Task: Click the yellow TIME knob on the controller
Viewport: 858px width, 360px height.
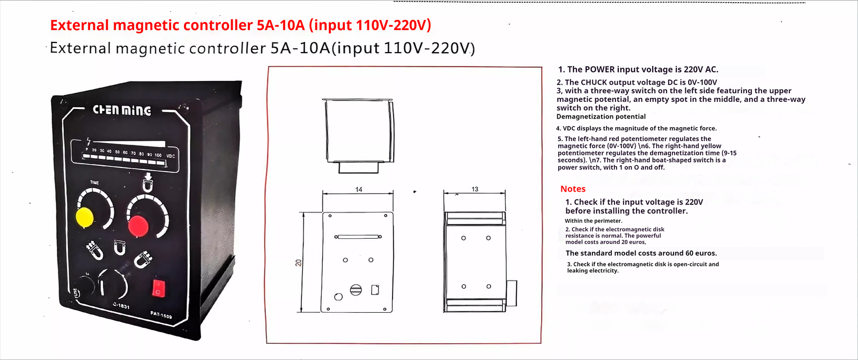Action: coord(85,217)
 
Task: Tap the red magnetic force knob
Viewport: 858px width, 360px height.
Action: coord(138,226)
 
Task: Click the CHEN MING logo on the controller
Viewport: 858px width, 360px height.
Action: coord(122,110)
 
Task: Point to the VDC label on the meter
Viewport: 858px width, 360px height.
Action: coord(171,156)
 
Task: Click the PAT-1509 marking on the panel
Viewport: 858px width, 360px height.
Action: coord(161,315)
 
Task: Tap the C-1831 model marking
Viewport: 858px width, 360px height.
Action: coord(121,306)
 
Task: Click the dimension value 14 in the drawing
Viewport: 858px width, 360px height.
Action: coord(359,189)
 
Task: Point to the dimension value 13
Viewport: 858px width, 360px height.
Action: coord(475,189)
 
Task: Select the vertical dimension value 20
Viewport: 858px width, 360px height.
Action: coord(298,262)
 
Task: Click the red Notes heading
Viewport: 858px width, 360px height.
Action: coord(573,189)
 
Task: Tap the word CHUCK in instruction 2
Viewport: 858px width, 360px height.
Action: coord(594,82)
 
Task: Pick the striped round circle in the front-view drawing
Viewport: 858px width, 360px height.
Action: coord(356,290)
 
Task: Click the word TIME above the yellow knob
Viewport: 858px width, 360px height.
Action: coord(94,182)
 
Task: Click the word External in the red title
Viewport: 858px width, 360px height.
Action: coord(80,25)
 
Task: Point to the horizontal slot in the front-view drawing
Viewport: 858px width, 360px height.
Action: coord(358,237)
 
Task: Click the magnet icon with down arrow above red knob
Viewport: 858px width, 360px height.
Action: coord(147,182)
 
